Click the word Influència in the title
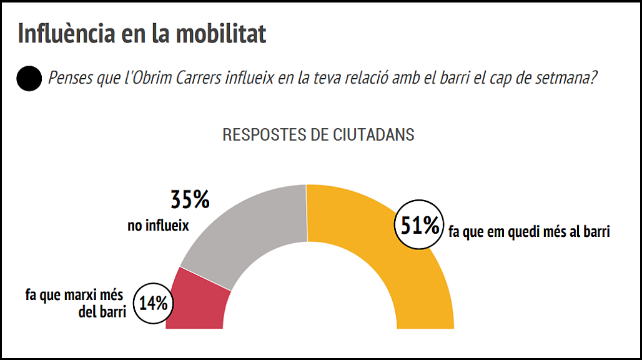point(61,34)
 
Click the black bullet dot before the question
point(29,79)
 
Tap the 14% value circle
point(153,304)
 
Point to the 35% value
point(190,200)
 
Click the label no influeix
point(158,226)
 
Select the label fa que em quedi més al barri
point(528,232)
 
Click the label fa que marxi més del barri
point(75,302)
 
